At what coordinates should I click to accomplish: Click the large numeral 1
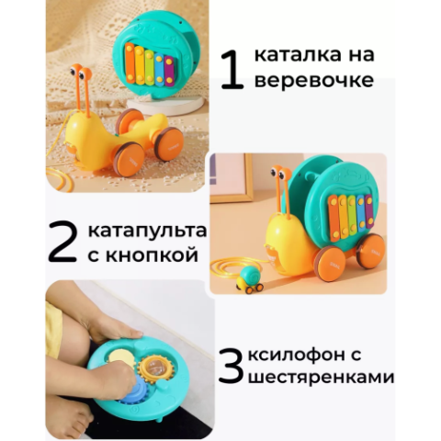232,70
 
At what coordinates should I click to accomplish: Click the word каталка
293,55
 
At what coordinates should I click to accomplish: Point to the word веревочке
314,80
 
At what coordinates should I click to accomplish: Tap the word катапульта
147,230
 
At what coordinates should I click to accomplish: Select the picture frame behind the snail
230,178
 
